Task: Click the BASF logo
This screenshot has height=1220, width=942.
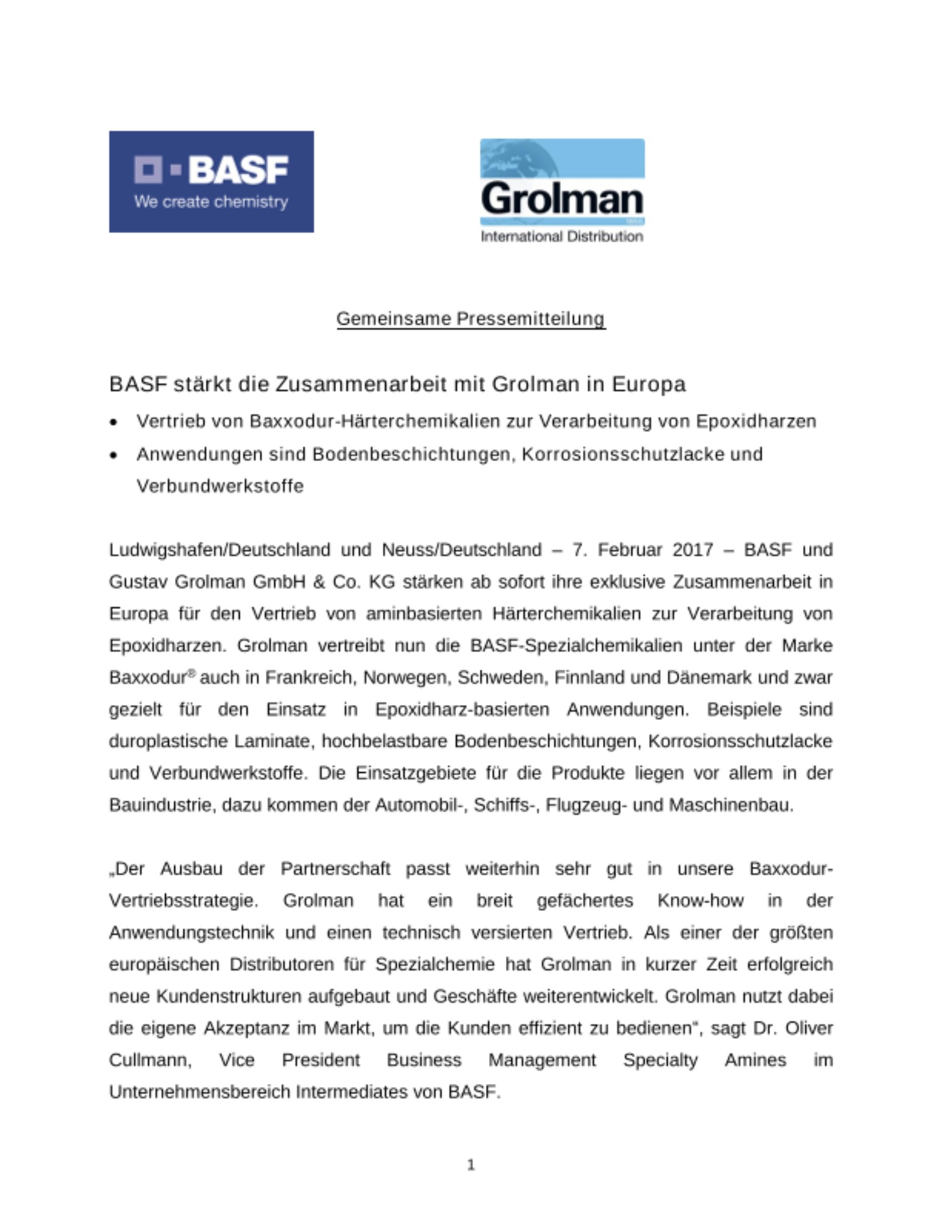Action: (211, 181)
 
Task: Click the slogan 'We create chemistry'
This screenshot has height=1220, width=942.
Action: (211, 202)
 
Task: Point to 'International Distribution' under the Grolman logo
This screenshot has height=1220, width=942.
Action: (562, 237)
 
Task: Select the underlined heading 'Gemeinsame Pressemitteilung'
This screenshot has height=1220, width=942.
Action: (471, 318)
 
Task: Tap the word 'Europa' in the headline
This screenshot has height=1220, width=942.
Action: (648, 384)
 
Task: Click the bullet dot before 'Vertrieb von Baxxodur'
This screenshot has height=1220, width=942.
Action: (113, 422)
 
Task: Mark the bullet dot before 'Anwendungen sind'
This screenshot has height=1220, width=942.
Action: (113, 455)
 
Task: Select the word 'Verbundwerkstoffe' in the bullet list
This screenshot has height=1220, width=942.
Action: (219, 486)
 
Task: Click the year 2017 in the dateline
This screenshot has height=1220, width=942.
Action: (693, 550)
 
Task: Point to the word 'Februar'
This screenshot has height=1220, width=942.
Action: (629, 550)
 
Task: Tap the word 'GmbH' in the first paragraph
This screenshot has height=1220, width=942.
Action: (279, 582)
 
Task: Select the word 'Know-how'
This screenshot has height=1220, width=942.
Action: (700, 901)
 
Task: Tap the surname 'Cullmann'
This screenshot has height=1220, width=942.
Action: (149, 1060)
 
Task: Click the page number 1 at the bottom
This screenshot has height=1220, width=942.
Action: (471, 1165)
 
